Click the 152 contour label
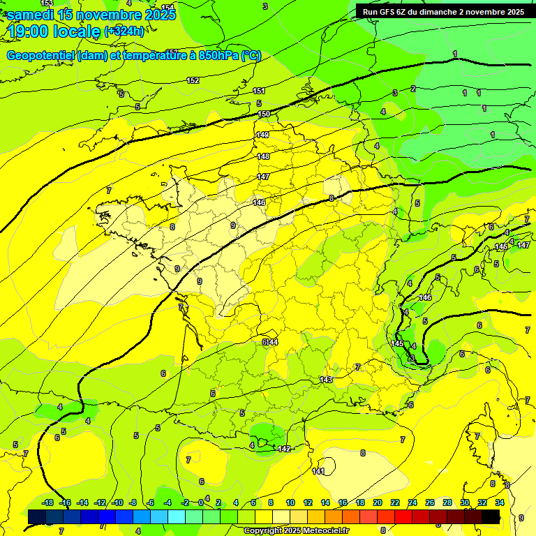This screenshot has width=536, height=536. [193, 80]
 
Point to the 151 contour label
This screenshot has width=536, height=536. [259, 91]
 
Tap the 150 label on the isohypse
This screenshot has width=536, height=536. [264, 114]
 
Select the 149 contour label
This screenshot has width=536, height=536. [262, 135]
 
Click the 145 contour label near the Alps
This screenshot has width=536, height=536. [397, 343]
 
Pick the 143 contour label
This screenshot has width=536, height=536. [326, 379]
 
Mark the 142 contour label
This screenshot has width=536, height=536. [284, 448]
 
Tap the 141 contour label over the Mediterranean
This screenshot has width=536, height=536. [318, 471]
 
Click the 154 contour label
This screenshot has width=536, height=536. [167, 8]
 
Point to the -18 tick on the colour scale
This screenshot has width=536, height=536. [47, 502]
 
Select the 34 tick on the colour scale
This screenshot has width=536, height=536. [500, 502]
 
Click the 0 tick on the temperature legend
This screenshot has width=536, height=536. [200, 502]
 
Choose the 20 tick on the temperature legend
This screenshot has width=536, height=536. [378, 502]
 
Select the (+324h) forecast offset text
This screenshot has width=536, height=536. [124, 31]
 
